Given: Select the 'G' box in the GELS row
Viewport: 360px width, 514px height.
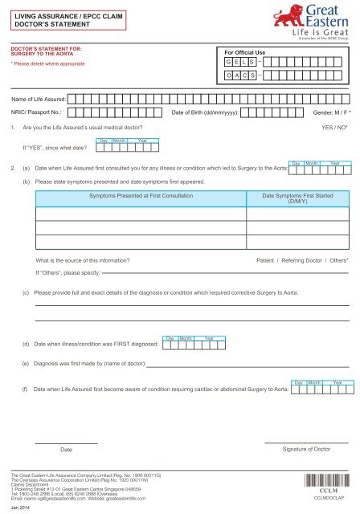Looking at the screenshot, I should tap(230, 62).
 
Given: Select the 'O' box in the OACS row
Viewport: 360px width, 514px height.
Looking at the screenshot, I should tap(230, 77).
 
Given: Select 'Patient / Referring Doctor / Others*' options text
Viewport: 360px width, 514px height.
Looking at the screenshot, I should tap(301, 262).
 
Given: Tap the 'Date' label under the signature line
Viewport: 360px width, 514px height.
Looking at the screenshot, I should tap(66, 449).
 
